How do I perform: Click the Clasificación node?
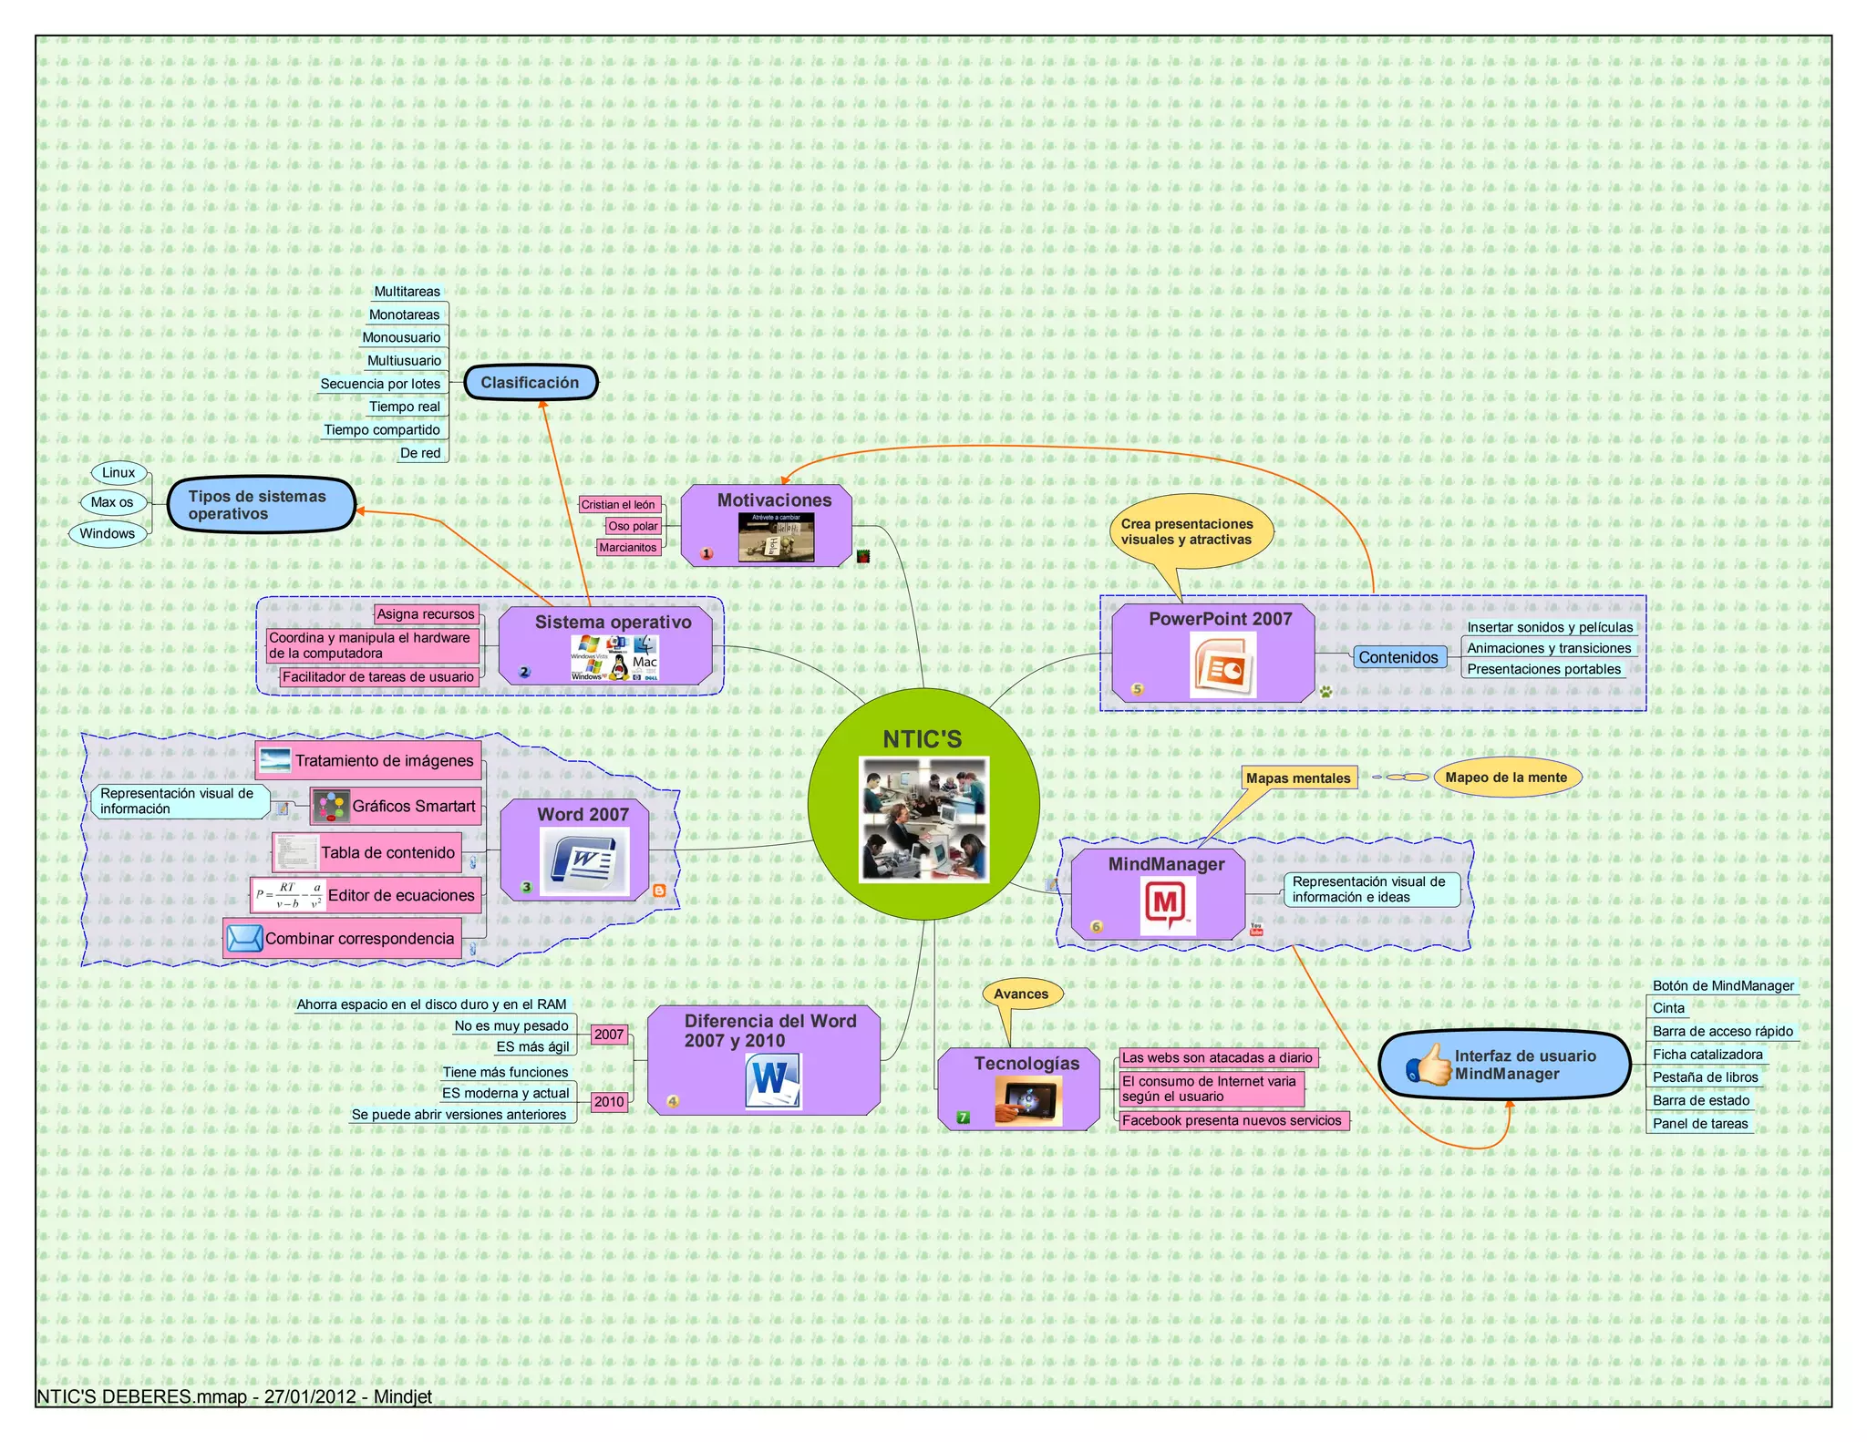tap(531, 383)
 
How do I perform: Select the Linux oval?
tap(119, 472)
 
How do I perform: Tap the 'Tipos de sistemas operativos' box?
tap(261, 505)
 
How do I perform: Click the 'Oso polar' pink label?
tap(633, 526)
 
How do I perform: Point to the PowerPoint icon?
tap(1222, 665)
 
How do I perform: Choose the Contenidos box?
tap(1398, 657)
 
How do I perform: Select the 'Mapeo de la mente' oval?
tap(1506, 778)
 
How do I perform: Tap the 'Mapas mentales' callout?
tap(1298, 778)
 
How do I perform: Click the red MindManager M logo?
tap(1167, 906)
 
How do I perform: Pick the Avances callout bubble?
tap(1021, 994)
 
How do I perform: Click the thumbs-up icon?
tap(1429, 1065)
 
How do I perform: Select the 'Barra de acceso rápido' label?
tap(1722, 1031)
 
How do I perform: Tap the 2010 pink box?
tap(609, 1102)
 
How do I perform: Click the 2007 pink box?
tap(609, 1035)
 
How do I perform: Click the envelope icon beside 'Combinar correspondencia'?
tap(244, 938)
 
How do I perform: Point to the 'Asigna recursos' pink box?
tap(426, 614)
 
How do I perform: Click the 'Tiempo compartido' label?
tap(382, 430)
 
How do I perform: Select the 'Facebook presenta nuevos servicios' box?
tap(1232, 1120)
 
